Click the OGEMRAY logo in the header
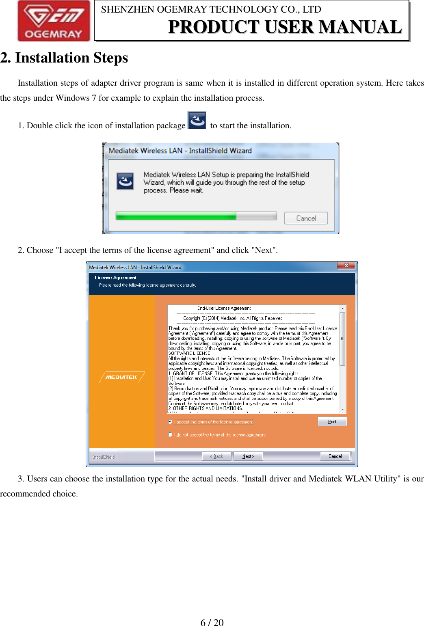(x=54, y=21)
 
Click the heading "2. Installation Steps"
(x=64, y=58)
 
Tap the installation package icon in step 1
(x=197, y=121)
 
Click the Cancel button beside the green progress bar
(x=306, y=218)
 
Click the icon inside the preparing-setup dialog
(x=125, y=181)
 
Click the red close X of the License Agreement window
(x=346, y=266)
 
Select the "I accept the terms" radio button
(x=170, y=422)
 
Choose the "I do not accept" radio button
(x=170, y=435)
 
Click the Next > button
(x=248, y=456)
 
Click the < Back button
(x=217, y=456)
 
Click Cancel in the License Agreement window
(x=335, y=456)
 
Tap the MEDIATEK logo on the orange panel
(x=121, y=377)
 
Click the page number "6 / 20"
(x=212, y=622)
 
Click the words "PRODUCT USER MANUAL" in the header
(x=285, y=27)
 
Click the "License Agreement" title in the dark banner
(x=115, y=278)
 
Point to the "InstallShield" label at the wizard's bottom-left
(x=104, y=457)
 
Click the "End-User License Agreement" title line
(x=224, y=308)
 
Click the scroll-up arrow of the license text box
(x=343, y=309)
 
